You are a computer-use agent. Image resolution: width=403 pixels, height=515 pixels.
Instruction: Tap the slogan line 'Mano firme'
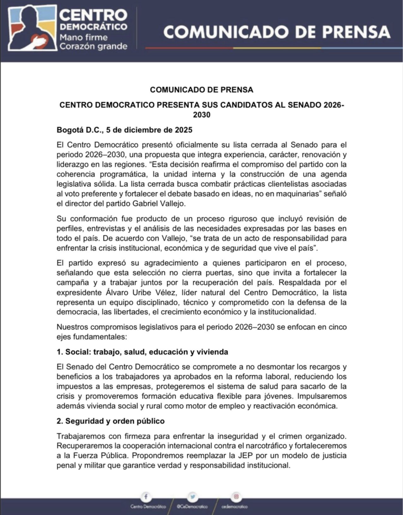[86, 37]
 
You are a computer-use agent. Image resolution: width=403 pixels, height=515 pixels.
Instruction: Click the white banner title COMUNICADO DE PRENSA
[277, 32]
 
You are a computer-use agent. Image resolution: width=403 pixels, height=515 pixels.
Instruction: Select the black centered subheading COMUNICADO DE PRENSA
[201, 90]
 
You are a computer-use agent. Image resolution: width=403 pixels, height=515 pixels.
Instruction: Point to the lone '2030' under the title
[201, 115]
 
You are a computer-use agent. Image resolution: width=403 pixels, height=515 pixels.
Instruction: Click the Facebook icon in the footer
[145, 496]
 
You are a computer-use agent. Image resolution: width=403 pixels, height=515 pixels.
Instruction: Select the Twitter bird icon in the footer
[192, 496]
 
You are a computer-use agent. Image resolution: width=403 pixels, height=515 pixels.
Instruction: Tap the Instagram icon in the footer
[235, 496]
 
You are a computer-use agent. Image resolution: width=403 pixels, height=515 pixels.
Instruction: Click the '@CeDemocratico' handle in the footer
[192, 506]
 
